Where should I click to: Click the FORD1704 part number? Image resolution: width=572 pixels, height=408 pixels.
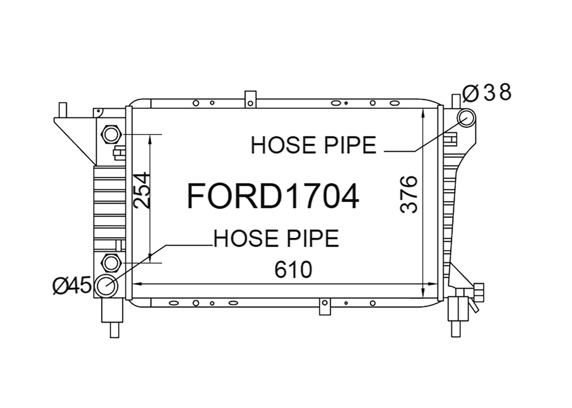click(x=273, y=196)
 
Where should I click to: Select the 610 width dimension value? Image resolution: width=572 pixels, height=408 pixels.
click(x=293, y=270)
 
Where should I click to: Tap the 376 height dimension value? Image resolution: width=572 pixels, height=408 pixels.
click(x=408, y=194)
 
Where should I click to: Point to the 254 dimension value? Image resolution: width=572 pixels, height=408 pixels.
click(x=142, y=190)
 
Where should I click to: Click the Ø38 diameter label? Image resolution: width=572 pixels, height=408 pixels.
click(x=487, y=93)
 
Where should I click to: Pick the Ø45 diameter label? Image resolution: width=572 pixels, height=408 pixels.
click(x=71, y=285)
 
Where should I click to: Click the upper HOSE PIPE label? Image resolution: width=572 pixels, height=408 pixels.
click(x=313, y=145)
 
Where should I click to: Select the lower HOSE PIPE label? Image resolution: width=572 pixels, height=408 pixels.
click(x=276, y=238)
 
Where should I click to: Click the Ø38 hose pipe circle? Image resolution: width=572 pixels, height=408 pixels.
click(x=466, y=118)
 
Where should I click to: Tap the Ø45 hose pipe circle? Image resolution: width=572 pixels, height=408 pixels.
click(x=106, y=286)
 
